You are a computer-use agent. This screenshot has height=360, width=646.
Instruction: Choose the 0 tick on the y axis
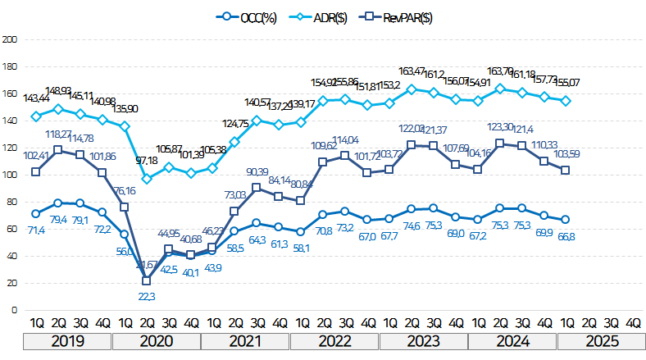(13, 310)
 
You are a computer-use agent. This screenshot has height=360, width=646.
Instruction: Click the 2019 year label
(68, 341)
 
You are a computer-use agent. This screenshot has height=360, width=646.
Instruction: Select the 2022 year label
(334, 341)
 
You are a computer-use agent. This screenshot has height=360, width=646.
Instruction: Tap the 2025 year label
(600, 341)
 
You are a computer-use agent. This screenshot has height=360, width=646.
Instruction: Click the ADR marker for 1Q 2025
(566, 101)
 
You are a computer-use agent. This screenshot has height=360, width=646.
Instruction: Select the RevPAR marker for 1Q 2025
(566, 170)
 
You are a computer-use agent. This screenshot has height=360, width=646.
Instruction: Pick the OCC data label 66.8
(566, 237)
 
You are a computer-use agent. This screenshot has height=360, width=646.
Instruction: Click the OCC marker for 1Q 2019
(36, 213)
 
